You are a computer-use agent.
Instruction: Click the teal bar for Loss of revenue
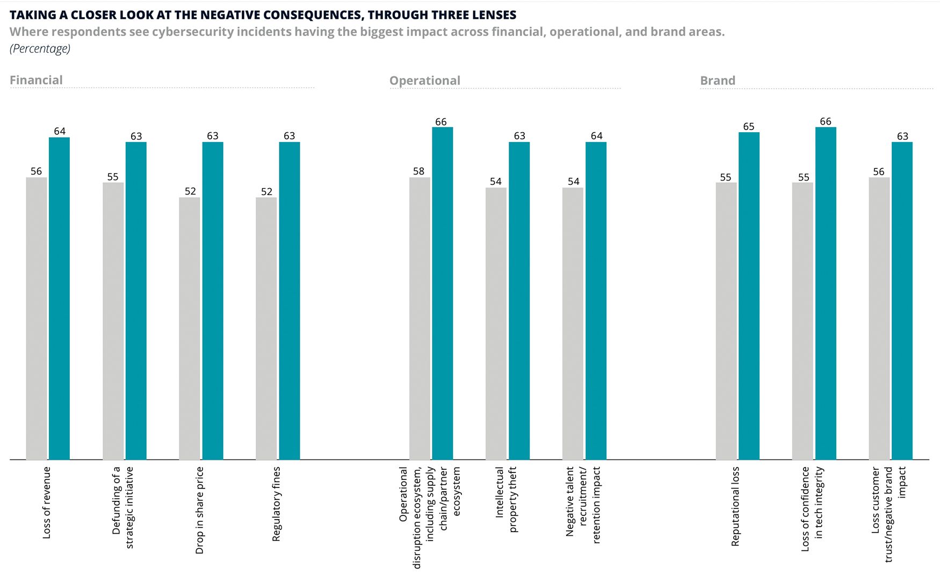click(x=59, y=298)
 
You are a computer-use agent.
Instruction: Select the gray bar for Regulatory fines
click(x=266, y=328)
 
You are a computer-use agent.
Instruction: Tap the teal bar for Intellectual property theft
click(x=519, y=301)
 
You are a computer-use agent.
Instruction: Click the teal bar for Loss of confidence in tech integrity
click(x=826, y=293)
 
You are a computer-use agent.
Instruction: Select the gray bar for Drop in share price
click(x=190, y=328)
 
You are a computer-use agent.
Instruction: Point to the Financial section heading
click(x=36, y=80)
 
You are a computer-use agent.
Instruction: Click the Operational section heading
click(x=424, y=81)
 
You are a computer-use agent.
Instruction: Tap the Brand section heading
click(x=717, y=81)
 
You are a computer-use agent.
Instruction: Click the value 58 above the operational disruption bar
click(x=418, y=171)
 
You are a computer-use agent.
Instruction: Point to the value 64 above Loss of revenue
click(x=60, y=131)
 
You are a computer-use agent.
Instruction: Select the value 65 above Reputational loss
click(x=748, y=127)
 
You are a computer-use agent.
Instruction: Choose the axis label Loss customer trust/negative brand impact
click(x=888, y=513)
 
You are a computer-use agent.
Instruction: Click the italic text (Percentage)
click(x=40, y=48)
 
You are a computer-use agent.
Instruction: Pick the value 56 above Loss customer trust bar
click(x=878, y=172)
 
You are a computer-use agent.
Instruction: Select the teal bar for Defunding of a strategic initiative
click(x=136, y=301)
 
